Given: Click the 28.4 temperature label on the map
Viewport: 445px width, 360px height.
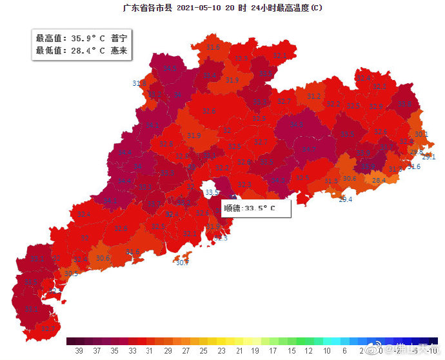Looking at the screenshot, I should pyautogui.click(x=379, y=181).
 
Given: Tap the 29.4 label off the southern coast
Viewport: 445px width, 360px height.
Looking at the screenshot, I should pyautogui.click(x=346, y=200).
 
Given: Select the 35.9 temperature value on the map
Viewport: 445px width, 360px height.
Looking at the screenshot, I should pyautogui.click(x=368, y=166).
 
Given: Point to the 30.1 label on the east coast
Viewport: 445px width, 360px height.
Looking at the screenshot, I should pyautogui.click(x=421, y=134).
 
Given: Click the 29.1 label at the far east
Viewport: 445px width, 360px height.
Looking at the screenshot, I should pyautogui.click(x=429, y=157).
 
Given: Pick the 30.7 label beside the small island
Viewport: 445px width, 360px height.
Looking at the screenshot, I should pyautogui.click(x=183, y=263).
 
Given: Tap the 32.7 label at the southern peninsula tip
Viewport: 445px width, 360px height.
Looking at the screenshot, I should pyautogui.click(x=48, y=329).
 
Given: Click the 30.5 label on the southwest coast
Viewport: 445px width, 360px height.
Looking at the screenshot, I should pyautogui.click(x=71, y=274).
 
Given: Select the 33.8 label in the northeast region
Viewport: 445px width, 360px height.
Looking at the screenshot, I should pyautogui.click(x=404, y=105).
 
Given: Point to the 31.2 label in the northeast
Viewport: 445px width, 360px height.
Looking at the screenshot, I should pyautogui.click(x=314, y=97).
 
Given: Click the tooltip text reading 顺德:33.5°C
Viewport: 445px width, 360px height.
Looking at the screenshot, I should pyautogui.click(x=249, y=208).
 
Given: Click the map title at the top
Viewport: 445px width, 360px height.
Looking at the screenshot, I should pyautogui.click(x=222, y=8).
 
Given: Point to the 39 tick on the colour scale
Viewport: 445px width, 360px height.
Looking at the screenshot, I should pyautogui.click(x=79, y=350).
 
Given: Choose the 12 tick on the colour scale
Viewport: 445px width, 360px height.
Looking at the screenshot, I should pyautogui.click(x=309, y=350).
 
